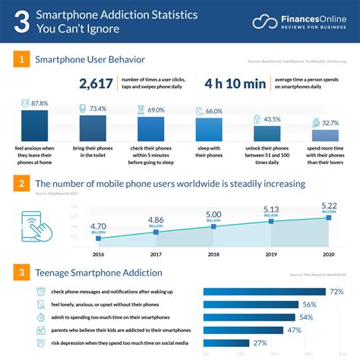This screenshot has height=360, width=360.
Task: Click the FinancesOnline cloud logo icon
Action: click(266, 21)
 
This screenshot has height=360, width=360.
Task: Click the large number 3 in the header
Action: click(24, 22)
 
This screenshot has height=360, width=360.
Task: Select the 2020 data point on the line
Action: click(329, 218)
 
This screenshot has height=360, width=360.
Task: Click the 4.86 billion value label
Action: click(156, 220)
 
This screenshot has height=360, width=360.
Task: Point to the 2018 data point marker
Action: click(214, 226)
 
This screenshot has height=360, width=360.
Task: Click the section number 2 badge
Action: click(24, 184)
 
